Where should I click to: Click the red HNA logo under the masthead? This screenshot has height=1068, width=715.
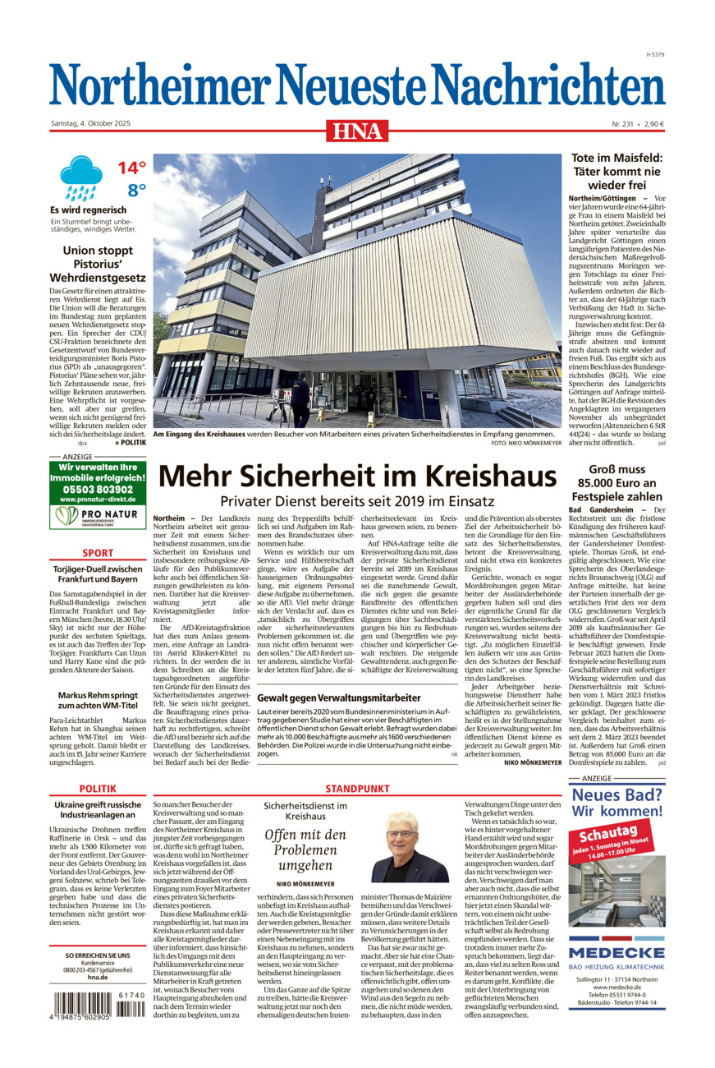357,130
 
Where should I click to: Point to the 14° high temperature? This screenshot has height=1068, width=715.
131,168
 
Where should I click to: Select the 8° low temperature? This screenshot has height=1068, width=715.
135,191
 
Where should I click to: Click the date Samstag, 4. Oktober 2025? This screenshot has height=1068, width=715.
90,124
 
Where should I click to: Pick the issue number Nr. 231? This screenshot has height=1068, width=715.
624,124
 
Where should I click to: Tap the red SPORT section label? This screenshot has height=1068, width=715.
98,553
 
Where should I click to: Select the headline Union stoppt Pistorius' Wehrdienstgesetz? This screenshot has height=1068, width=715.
98,264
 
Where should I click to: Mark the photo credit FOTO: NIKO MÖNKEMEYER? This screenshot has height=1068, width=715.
525,444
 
